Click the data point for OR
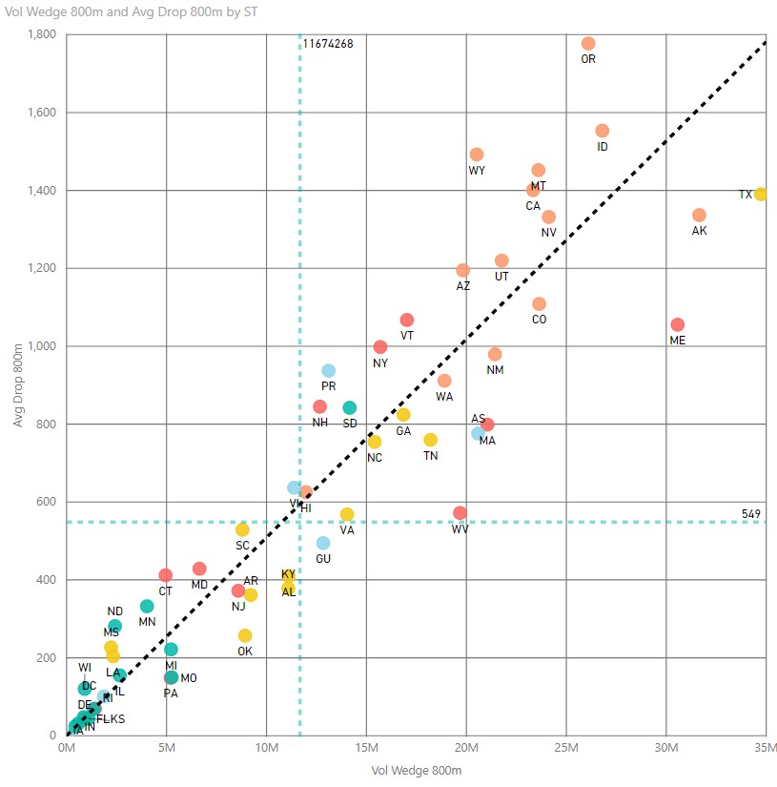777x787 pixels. [x=588, y=44]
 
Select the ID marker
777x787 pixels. [x=602, y=131]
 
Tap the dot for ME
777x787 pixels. [x=678, y=325]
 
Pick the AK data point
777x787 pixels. [x=699, y=216]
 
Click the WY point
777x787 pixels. [x=477, y=155]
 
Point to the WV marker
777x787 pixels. [x=460, y=513]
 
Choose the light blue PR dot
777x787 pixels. [x=328, y=371]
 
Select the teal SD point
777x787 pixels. [x=350, y=408]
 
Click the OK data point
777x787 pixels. [x=245, y=635]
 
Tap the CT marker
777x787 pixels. [x=165, y=575]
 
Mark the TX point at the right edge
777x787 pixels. [x=761, y=195]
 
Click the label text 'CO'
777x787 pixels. [x=540, y=320]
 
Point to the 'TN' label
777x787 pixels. [x=431, y=455]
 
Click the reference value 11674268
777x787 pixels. [x=329, y=44]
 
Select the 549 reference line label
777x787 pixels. [x=751, y=514]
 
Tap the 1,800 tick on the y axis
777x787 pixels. [x=40, y=34]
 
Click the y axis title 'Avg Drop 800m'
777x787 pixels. [x=20, y=385]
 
